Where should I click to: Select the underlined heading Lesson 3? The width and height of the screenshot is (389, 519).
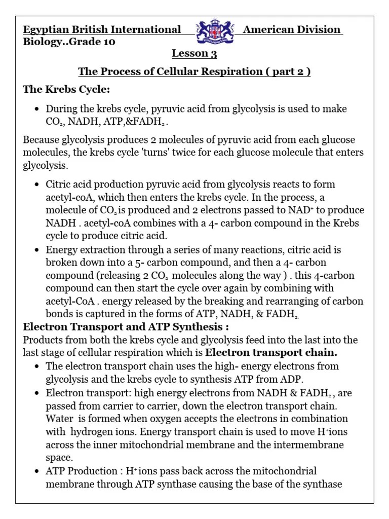click(190, 53)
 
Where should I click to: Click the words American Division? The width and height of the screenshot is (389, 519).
click(292, 29)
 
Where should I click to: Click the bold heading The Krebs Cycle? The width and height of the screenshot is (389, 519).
click(66, 90)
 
